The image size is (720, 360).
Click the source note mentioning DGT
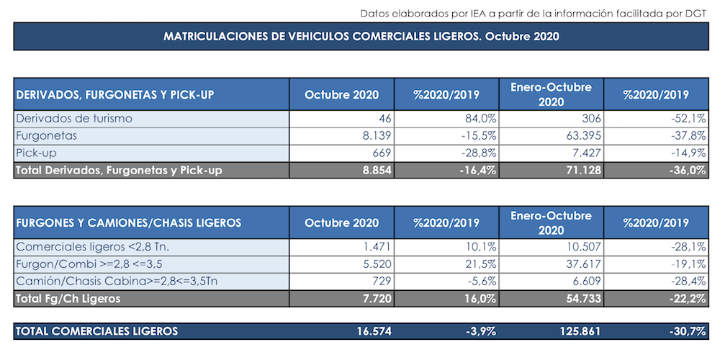533,12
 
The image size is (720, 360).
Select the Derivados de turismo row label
74,118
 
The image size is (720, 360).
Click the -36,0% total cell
685,170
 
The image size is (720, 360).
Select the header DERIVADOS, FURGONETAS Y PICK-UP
115,95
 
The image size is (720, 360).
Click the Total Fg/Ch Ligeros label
68,298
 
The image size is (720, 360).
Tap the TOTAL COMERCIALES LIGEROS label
96,332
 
